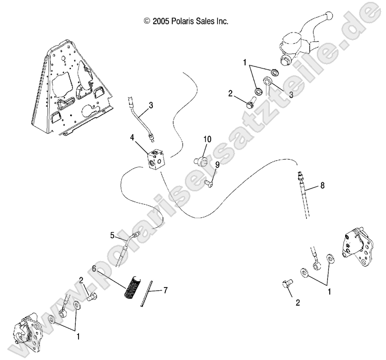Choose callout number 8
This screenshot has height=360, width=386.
pyautogui.click(x=322, y=185)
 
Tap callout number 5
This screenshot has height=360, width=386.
pyautogui.click(x=112, y=235)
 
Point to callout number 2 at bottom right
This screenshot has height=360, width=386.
pyautogui.click(x=298, y=303)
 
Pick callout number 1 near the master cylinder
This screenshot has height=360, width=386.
pyautogui.click(x=244, y=61)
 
